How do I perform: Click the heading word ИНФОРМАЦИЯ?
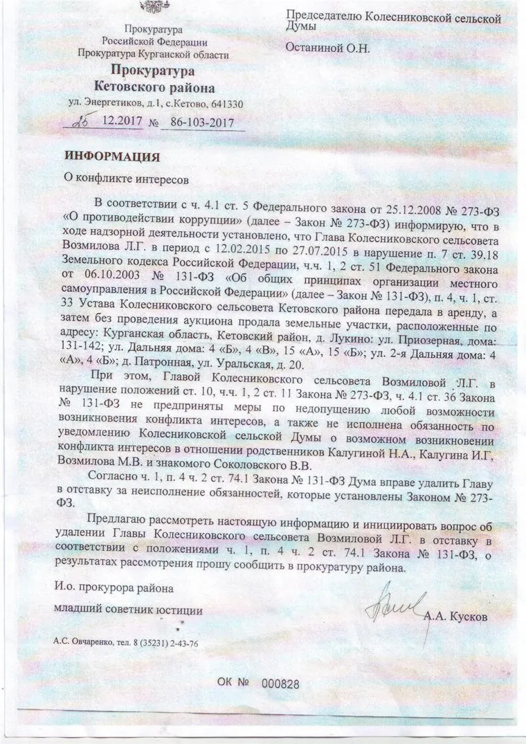112,156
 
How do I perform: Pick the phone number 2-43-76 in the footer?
181,643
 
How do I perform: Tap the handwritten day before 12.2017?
85,120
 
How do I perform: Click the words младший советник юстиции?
129,610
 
